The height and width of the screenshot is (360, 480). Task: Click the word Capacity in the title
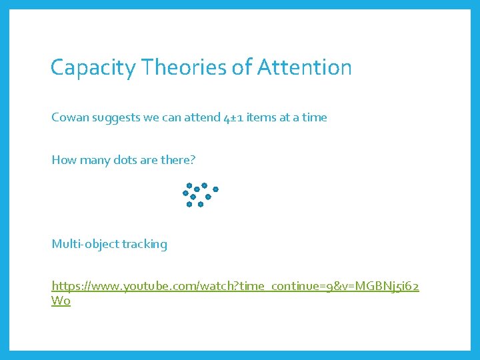(x=85, y=67)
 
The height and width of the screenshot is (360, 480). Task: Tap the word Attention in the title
(x=305, y=67)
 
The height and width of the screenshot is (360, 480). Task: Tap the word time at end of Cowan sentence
(x=314, y=117)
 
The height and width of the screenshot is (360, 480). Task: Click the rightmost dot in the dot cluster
(x=216, y=189)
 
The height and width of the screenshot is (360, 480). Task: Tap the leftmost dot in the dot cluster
(x=185, y=193)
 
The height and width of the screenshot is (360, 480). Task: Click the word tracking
(x=145, y=244)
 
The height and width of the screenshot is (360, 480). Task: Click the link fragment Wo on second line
(x=61, y=301)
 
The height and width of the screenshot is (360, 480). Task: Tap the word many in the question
(x=93, y=160)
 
